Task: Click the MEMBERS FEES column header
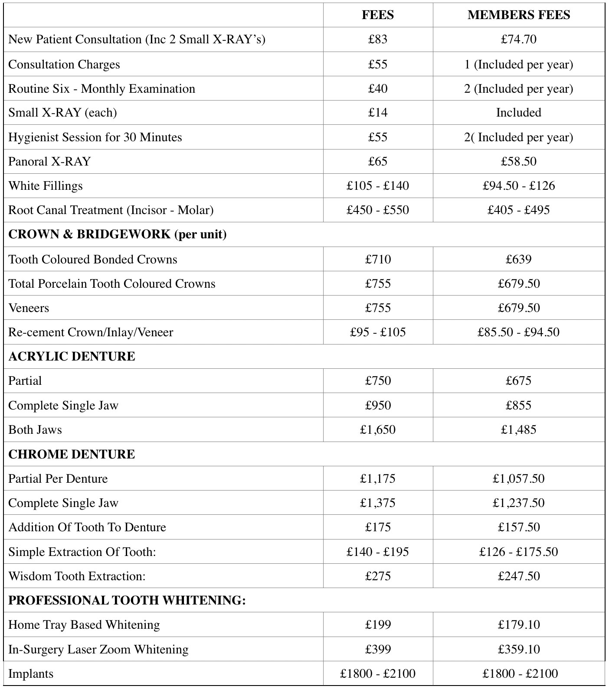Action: pos(518,15)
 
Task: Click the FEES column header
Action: pos(378,15)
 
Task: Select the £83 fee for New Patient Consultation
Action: pos(378,39)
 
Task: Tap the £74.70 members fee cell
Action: pos(518,39)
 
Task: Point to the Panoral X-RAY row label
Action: pos(49,162)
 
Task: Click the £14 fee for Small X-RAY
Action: pos(378,113)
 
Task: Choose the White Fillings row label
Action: pos(46,186)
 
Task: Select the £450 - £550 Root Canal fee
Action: pos(378,210)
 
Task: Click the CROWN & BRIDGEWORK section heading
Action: pos(118,234)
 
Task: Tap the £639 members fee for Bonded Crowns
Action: pos(518,260)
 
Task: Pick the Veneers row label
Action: pos(29,308)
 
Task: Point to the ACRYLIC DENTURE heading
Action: pos(72,357)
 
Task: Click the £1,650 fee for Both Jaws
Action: pos(378,430)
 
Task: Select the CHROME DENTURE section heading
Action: pos(72,454)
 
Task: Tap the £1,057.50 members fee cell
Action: pos(518,479)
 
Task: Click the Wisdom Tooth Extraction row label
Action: pos(77,576)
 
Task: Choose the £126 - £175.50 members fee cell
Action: pos(518,552)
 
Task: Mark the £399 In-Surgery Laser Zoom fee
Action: pos(378,650)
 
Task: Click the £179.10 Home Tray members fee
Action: pos(518,625)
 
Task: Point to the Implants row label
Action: pos(31,674)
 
